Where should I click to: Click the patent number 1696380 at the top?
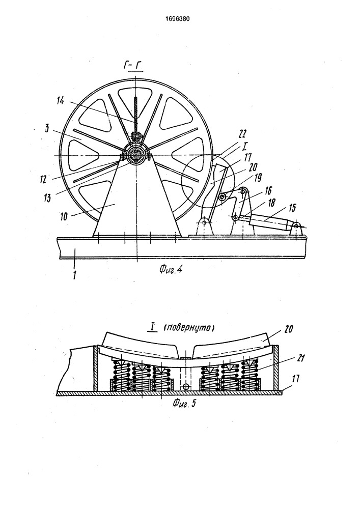[x=177, y=19]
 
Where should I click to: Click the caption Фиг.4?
[x=171, y=269]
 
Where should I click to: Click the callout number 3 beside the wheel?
[x=47, y=129]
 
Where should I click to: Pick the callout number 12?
[x=43, y=179]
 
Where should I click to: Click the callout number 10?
[x=64, y=216]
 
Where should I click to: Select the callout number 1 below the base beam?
[x=75, y=275]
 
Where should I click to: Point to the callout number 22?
[x=243, y=134]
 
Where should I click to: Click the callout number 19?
[x=258, y=177]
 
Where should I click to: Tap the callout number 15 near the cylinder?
[x=292, y=208]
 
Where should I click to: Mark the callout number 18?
[x=271, y=203]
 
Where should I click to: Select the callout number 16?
[x=268, y=190]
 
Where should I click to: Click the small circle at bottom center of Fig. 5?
[x=186, y=387]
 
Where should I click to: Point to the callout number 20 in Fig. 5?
[x=288, y=329]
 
